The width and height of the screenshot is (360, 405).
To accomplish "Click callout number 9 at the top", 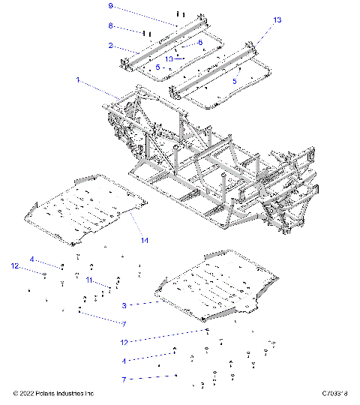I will [x=110, y=6].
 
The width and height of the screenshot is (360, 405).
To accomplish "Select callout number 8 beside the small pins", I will [x=110, y=25].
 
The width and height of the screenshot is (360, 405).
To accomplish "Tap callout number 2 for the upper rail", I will [x=110, y=46].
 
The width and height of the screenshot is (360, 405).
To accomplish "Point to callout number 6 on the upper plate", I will [x=199, y=43].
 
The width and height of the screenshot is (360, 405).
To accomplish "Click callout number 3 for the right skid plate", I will [x=124, y=305].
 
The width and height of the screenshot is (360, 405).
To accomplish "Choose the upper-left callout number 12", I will [x=14, y=266].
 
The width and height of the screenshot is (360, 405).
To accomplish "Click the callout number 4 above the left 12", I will [x=32, y=259].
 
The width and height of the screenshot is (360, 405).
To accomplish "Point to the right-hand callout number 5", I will [x=234, y=79].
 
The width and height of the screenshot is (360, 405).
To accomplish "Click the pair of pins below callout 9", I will [x=179, y=14].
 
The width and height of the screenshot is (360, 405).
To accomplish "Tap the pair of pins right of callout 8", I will [x=147, y=34].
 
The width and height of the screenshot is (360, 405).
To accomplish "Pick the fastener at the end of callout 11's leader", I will [x=111, y=287].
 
